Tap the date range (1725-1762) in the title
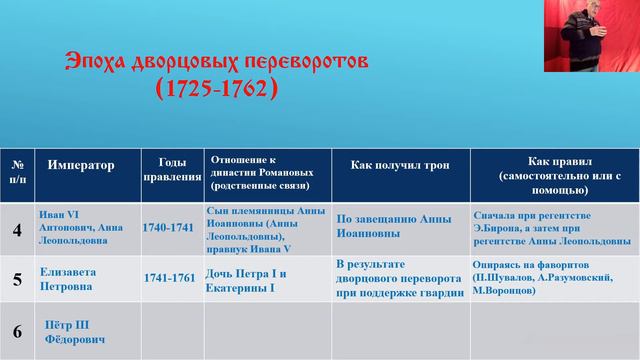[x=216, y=91]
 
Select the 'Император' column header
[x=80, y=166]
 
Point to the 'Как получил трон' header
[x=399, y=166]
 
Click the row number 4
[x=17, y=232]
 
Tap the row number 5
[x=17, y=280]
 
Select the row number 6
[x=17, y=330]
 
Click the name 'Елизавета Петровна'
[x=70, y=277]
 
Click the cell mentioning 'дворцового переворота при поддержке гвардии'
[x=399, y=279]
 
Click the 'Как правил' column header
[x=554, y=172]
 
